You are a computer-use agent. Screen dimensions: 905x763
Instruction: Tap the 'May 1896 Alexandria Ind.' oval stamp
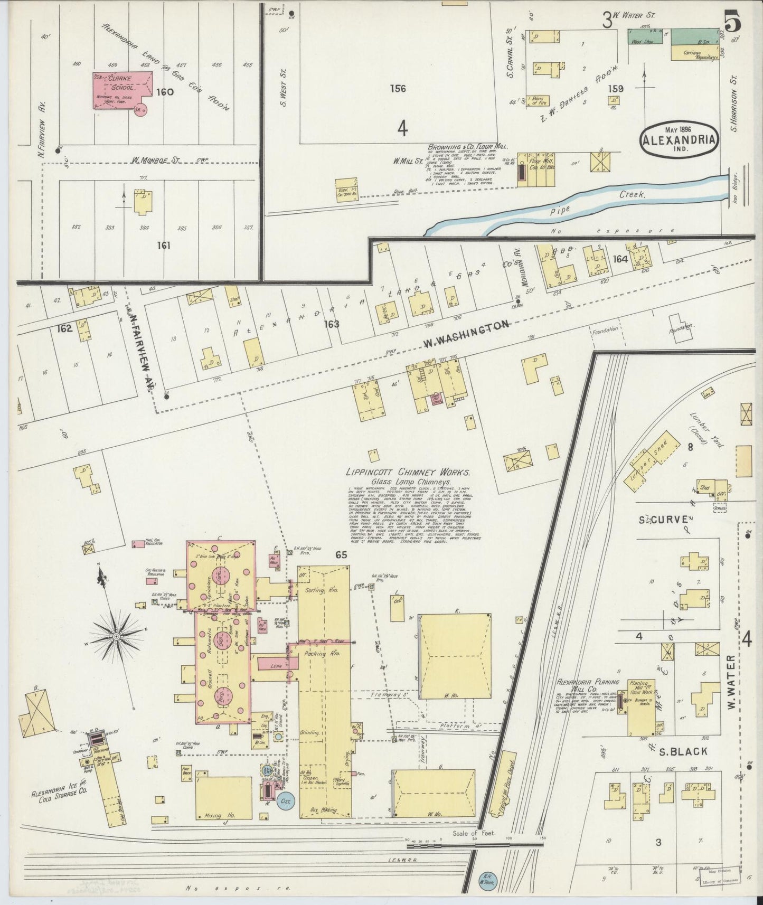click(x=680, y=139)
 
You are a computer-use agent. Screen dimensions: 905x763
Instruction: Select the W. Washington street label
click(x=466, y=335)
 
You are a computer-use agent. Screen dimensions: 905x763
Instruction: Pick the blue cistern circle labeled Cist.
click(x=287, y=801)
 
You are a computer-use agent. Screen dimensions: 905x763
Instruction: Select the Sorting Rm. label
click(x=321, y=589)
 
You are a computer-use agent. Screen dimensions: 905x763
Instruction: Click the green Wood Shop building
click(x=645, y=36)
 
